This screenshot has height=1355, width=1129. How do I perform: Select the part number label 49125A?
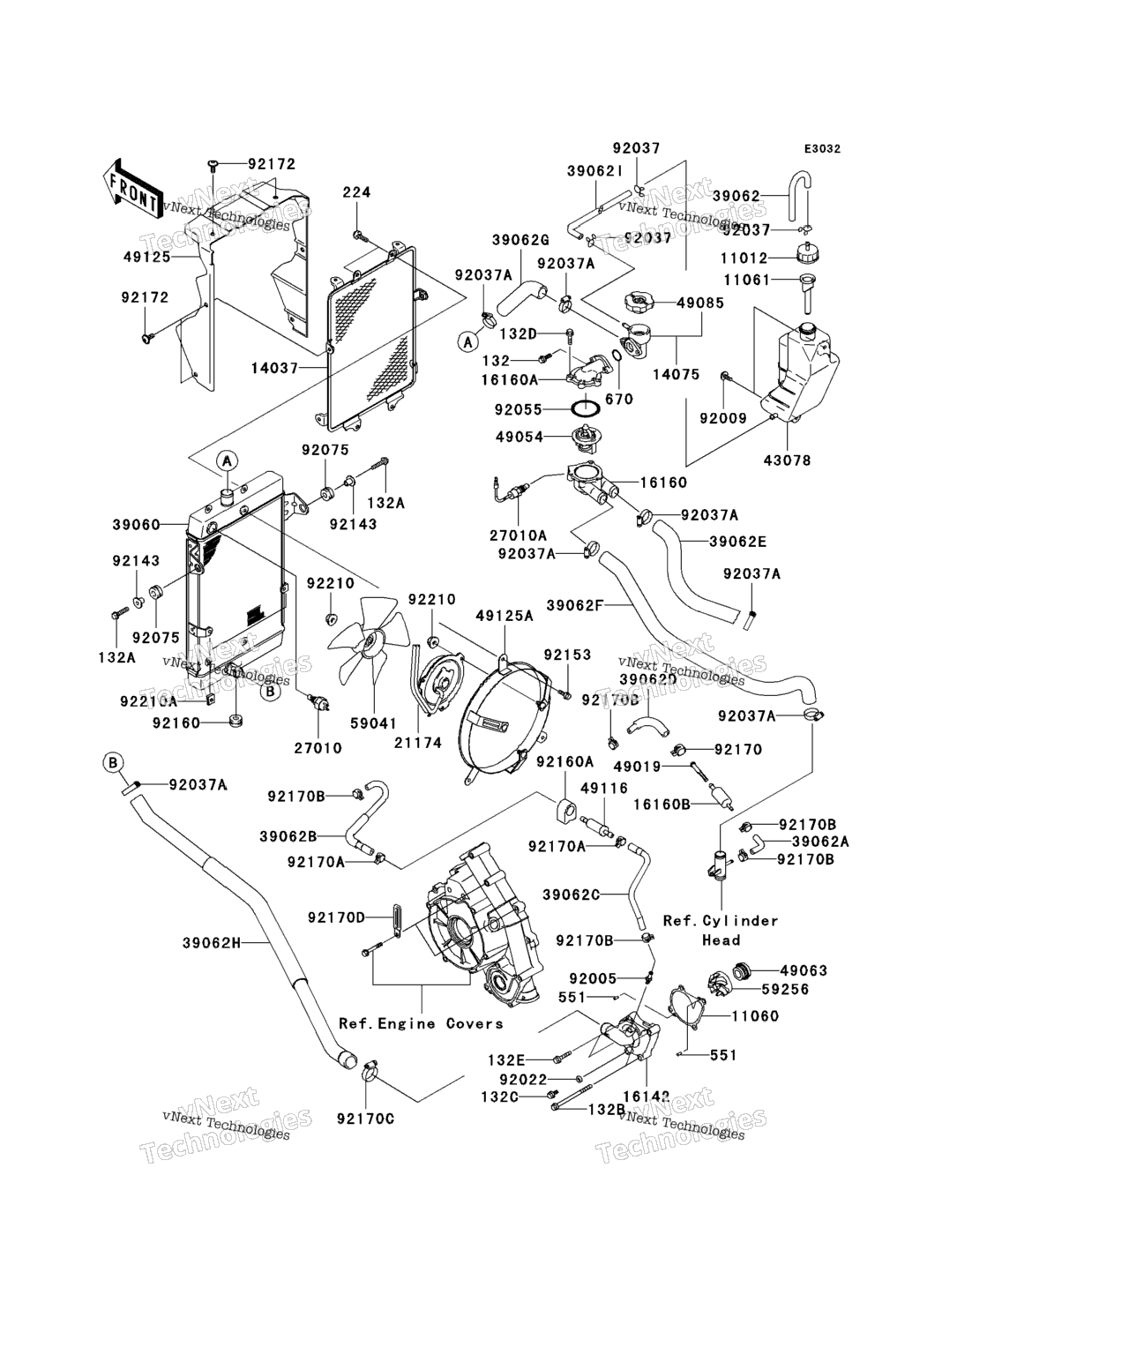pyautogui.click(x=505, y=617)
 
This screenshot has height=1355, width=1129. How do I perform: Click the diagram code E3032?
pyautogui.click(x=821, y=149)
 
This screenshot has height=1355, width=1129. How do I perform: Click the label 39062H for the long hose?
pyautogui.click(x=212, y=942)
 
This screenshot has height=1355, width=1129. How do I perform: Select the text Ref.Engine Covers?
pyautogui.click(x=421, y=1023)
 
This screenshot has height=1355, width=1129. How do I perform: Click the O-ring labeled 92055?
pyautogui.click(x=587, y=409)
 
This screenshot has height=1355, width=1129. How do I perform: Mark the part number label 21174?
pyautogui.click(x=417, y=744)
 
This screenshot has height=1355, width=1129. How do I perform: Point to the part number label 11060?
pyautogui.click(x=754, y=1016)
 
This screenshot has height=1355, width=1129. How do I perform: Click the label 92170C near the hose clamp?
pyautogui.click(x=365, y=1119)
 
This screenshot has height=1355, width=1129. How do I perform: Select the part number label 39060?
pyautogui.click(x=136, y=525)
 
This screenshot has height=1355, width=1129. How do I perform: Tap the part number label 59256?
pyautogui.click(x=785, y=990)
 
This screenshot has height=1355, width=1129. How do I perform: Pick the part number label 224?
pyautogui.click(x=356, y=192)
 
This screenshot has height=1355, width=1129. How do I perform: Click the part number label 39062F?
pyautogui.click(x=574, y=605)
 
